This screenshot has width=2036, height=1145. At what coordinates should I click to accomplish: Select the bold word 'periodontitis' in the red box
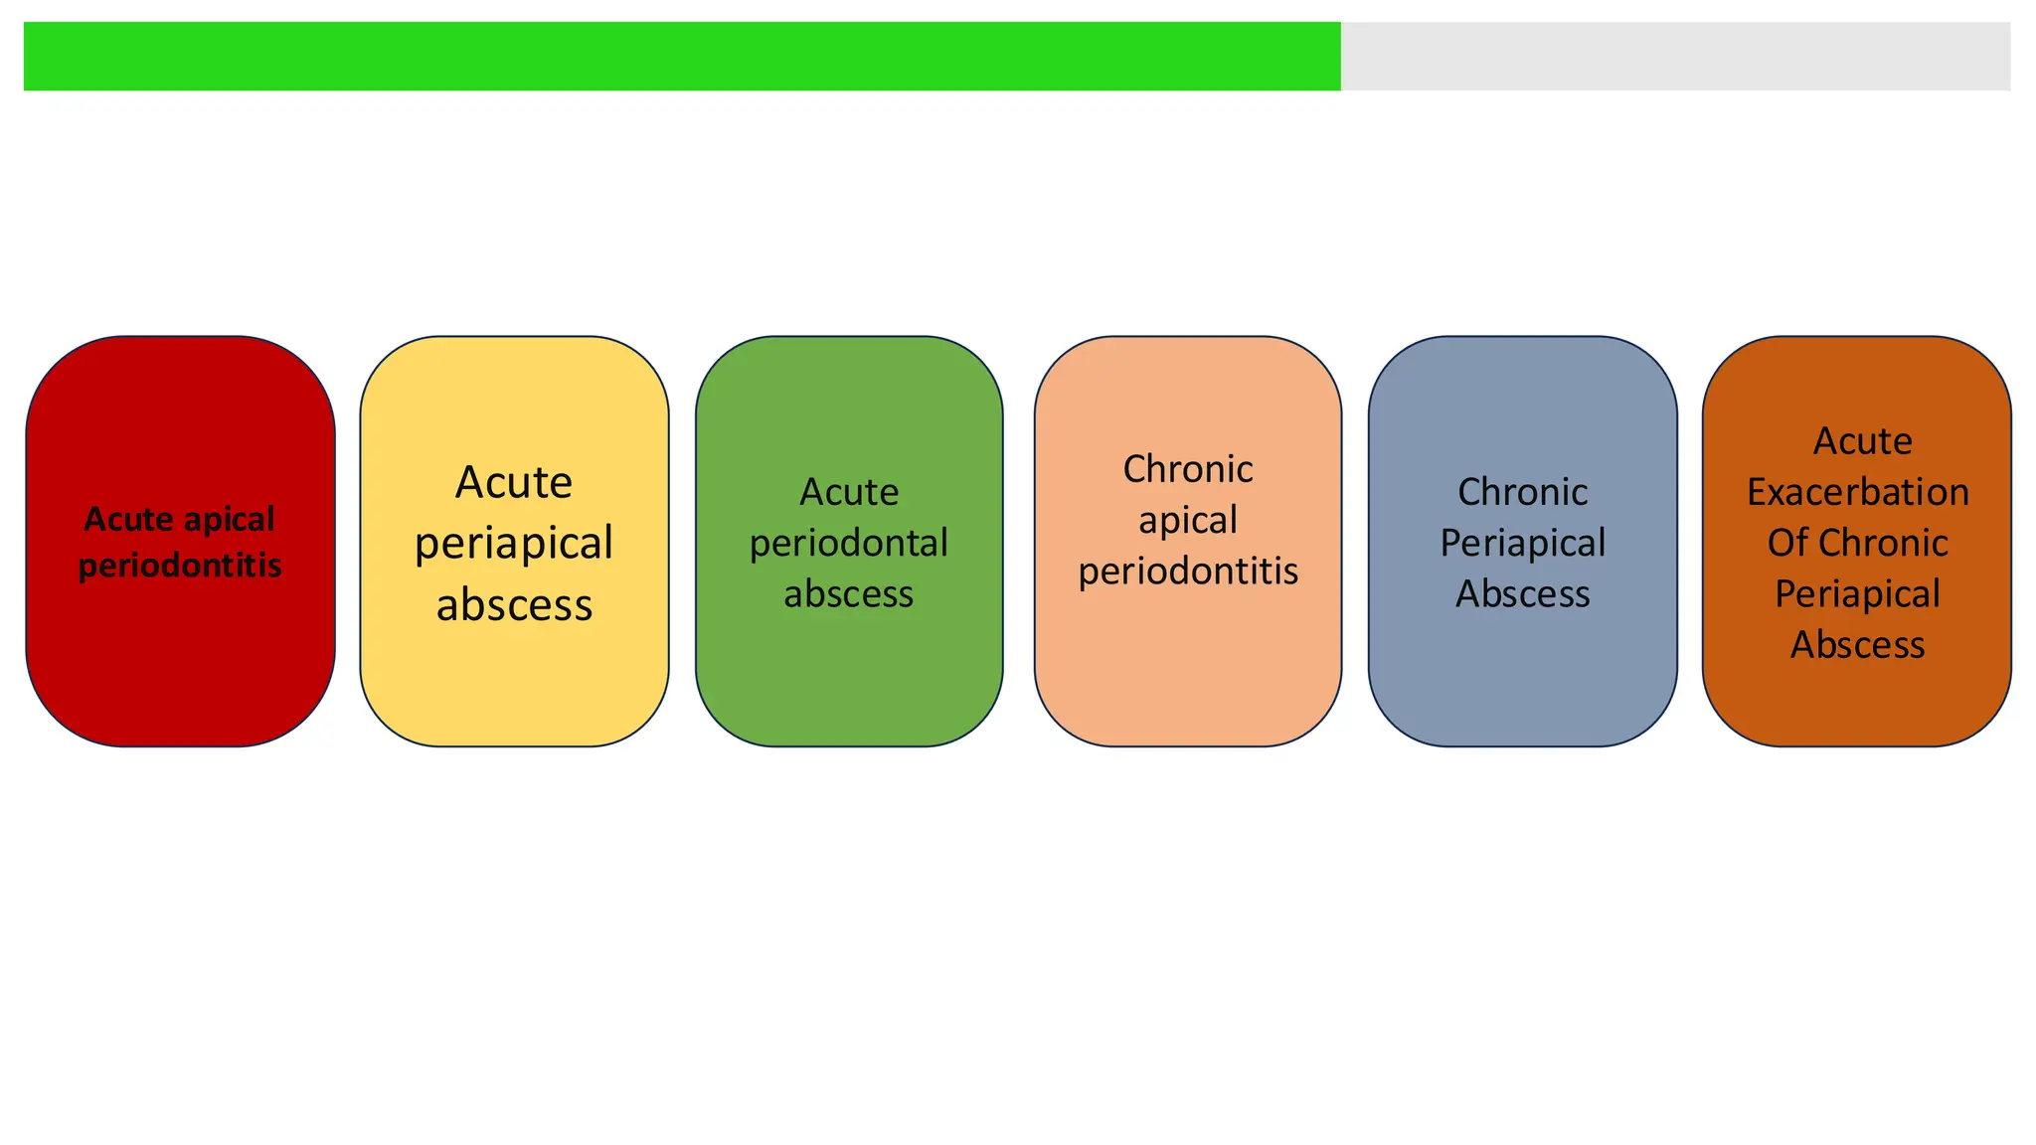[180, 566]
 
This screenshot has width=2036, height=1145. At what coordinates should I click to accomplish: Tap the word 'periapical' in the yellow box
[514, 544]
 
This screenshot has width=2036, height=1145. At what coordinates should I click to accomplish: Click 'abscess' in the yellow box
[514, 604]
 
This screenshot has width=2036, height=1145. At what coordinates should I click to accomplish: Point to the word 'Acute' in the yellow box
[514, 483]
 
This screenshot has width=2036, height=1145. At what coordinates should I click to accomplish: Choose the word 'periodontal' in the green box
[849, 544]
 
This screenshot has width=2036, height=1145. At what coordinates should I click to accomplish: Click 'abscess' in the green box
[849, 594]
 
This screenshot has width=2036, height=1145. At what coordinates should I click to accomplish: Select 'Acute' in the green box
[849, 492]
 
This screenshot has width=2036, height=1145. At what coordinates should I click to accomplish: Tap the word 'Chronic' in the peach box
[1188, 469]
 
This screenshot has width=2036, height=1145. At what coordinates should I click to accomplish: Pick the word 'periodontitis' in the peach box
[1188, 572]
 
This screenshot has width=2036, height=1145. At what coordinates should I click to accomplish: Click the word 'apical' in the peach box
[1188, 520]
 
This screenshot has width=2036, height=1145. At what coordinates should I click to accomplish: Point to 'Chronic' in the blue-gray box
[1522, 492]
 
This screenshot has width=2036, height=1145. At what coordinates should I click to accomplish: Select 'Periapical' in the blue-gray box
[1522, 544]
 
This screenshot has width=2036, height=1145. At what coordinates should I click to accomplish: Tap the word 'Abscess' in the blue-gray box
[1522, 594]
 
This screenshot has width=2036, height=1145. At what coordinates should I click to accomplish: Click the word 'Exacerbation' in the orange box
[1857, 492]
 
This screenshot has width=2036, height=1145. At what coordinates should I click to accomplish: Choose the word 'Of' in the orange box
[1785, 544]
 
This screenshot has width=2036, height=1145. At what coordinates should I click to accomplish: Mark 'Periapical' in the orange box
[1857, 594]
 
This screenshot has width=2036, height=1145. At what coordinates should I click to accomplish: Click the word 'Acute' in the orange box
[1862, 441]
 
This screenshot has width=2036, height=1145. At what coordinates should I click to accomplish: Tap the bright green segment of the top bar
[682, 57]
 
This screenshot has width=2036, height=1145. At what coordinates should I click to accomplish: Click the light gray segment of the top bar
[1675, 57]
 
